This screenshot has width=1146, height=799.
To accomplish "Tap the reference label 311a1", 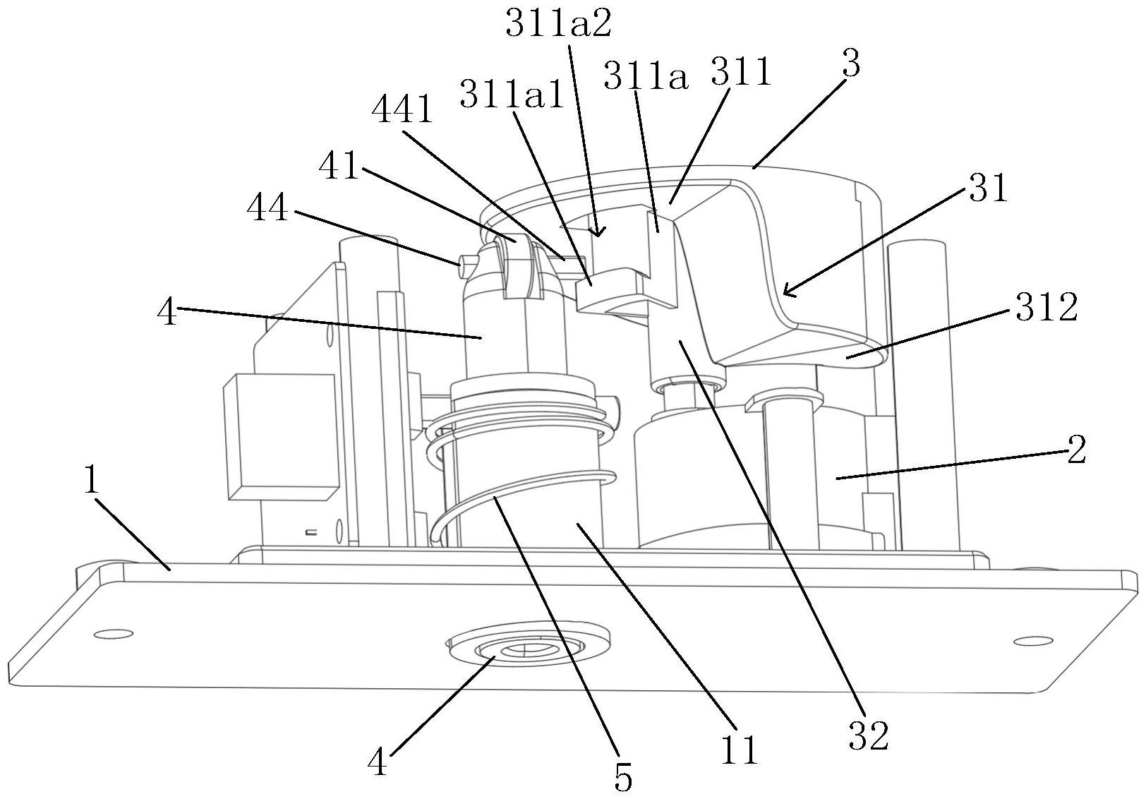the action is tap(512, 93).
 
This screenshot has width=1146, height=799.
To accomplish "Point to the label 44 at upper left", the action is tap(267, 208).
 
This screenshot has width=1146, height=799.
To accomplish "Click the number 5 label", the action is tap(623, 778).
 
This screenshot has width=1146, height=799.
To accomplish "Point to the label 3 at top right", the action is tap(851, 64).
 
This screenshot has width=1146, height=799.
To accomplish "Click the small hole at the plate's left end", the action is tap(114, 634).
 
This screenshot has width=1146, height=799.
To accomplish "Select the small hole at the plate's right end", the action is tap(1033, 640).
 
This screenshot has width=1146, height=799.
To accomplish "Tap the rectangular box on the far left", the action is tap(281, 435).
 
